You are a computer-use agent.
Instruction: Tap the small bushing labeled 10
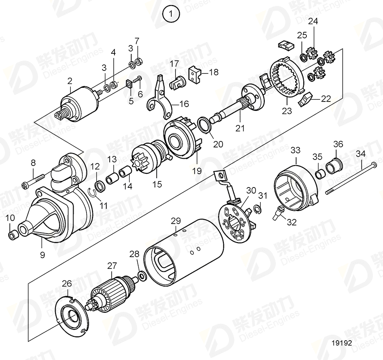[13, 235]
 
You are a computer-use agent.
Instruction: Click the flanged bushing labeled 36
[334, 166]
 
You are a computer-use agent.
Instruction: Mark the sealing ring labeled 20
[205, 124]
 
